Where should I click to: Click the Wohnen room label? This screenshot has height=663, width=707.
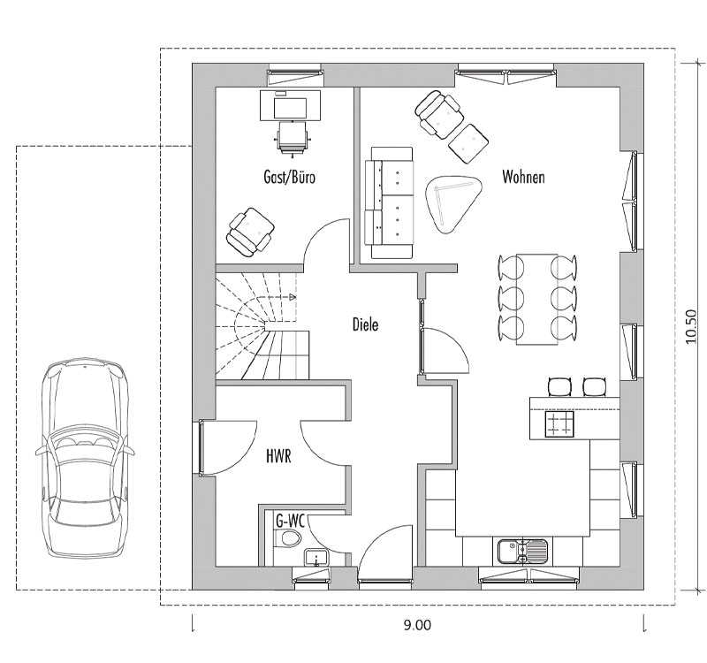(523, 177)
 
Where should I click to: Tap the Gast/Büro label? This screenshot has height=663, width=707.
(290, 177)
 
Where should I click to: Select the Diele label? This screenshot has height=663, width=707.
(365, 324)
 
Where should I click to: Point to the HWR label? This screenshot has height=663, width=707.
(278, 456)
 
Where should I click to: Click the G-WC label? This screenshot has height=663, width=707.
(291, 522)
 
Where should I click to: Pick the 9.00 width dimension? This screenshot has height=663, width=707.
(417, 625)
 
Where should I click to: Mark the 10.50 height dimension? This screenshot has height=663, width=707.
(691, 326)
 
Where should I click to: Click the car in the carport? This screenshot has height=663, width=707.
(85, 457)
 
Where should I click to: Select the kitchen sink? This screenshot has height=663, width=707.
(523, 551)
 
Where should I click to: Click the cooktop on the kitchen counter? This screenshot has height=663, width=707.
(559, 424)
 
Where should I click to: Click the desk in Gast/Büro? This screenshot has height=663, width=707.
(291, 105)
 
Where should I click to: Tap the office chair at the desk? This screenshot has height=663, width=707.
(292, 139)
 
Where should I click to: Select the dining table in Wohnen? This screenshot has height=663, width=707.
(537, 299)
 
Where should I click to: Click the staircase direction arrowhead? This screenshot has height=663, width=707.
(293, 297)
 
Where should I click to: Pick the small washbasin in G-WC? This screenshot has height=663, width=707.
(316, 557)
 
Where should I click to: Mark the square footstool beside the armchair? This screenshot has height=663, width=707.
(469, 143)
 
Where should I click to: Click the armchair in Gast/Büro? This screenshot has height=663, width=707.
(251, 232)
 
